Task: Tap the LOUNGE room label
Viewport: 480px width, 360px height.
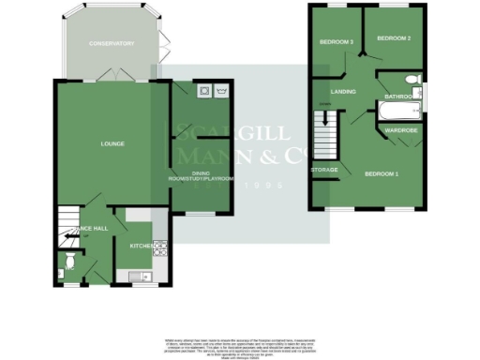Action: point(113,143)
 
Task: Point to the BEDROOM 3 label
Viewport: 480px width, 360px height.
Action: point(335,42)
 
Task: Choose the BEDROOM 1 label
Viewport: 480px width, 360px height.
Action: point(382,175)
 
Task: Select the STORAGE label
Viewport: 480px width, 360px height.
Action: point(324,170)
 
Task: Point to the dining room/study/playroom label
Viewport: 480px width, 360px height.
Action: point(200,177)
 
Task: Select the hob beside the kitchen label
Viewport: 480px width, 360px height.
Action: point(160,249)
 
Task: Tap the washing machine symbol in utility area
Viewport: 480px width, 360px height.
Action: point(203,91)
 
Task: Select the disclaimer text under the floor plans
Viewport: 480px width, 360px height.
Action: point(239,344)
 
